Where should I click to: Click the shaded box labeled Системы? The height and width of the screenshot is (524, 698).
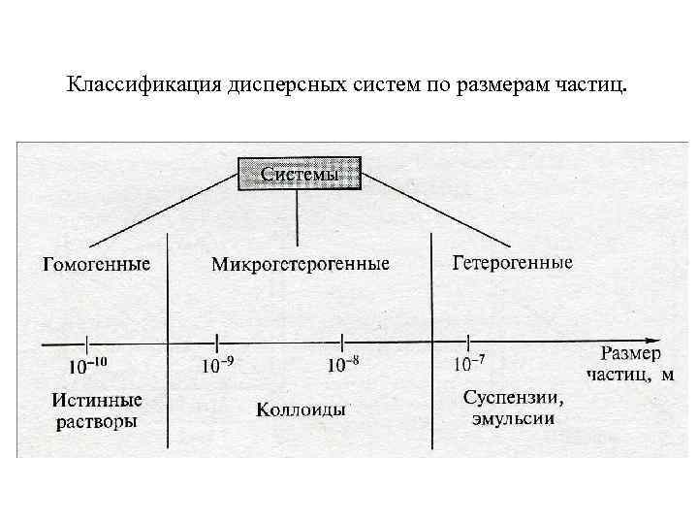[x=300, y=175]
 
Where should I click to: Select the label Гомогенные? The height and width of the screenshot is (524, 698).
[x=96, y=264]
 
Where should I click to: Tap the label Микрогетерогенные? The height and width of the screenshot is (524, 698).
[x=301, y=264]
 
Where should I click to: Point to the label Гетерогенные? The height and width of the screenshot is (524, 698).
[x=513, y=262]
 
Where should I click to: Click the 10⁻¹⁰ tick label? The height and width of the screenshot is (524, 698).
[x=88, y=367]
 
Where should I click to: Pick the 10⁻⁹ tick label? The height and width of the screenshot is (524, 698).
[x=218, y=367]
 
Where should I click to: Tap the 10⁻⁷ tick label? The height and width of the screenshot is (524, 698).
[x=470, y=367]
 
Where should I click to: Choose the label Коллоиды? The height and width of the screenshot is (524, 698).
[x=301, y=409]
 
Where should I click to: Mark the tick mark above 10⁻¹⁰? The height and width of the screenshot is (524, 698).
[x=87, y=342]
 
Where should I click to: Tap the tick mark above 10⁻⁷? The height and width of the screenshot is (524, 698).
[x=469, y=342]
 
